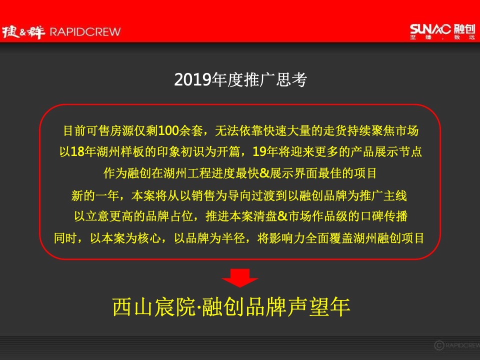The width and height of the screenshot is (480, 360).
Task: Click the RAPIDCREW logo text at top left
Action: pos(84,32)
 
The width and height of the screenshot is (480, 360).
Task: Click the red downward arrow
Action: pos(239,278)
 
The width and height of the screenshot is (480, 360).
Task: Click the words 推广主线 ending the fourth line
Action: pos(392,195)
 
